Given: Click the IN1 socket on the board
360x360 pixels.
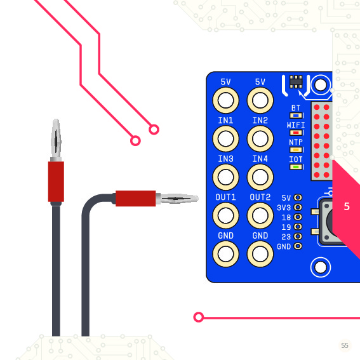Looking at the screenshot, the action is [x=225, y=138].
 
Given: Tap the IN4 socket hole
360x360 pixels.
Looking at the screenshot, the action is [x=260, y=177].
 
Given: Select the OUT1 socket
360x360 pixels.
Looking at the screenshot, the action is [x=225, y=216].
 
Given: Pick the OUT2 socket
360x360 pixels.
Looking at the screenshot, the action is [x=260, y=216].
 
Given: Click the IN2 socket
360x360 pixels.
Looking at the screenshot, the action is [x=260, y=138].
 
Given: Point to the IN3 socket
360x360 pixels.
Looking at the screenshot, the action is [x=225, y=177].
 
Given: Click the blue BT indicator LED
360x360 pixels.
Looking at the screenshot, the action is [x=296, y=116].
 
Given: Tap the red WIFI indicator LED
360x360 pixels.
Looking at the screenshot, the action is [x=296, y=133].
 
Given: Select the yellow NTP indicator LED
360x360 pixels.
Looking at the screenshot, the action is [x=296, y=150].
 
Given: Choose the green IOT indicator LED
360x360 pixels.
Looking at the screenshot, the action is [x=296, y=167].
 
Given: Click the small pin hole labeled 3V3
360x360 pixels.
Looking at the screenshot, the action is [x=298, y=208].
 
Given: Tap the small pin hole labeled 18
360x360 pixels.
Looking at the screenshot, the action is [x=298, y=217].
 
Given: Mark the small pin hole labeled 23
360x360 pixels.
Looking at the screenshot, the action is [x=298, y=236].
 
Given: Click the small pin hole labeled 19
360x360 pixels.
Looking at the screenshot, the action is [x=298, y=227].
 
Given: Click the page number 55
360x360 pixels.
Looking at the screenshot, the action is [x=345, y=345].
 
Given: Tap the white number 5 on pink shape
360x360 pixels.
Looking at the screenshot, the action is [x=347, y=206].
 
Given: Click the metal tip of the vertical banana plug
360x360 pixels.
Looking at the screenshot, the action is [x=56, y=138].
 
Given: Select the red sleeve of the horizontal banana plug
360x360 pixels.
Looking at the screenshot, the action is [x=136, y=198].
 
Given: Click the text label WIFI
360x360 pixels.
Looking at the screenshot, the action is [x=296, y=125].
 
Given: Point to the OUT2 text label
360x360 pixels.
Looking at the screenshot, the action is [x=260, y=197].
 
